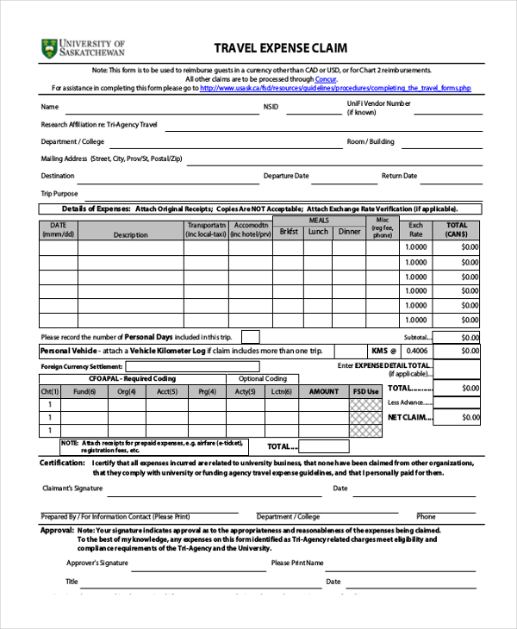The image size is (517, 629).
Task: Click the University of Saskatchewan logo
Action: tap(83, 47)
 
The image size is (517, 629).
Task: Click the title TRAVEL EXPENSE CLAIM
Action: tap(280, 48)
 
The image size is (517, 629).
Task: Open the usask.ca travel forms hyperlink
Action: tap(335, 88)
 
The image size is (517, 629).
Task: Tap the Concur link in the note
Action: tap(326, 78)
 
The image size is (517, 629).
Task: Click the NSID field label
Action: tap(271, 108)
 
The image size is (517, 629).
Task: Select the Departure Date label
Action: tap(285, 176)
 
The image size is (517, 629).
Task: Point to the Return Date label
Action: tap(399, 176)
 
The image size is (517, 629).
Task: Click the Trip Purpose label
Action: tap(59, 194)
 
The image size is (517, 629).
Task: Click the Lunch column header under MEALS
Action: tap(318, 232)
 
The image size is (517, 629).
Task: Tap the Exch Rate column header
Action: tap(415, 230)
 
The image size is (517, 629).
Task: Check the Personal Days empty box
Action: tap(250, 336)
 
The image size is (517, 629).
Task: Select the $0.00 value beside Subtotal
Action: tap(470, 338)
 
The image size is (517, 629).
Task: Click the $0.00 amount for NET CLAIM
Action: tap(470, 417)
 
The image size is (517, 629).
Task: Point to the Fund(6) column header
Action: tap(84, 391)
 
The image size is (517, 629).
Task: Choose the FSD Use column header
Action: tap(365, 391)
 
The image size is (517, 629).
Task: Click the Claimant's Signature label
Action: tap(72, 489)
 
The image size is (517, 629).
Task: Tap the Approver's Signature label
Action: tap(97, 563)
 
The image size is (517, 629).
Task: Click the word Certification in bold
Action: tap(61, 463)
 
